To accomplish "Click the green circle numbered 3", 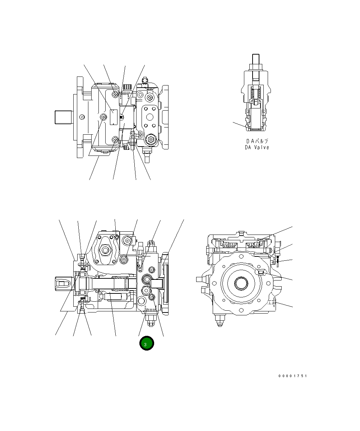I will point(147,344).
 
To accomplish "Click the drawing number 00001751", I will point(292,376).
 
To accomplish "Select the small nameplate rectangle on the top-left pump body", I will point(114,117).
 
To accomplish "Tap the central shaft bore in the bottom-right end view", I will point(240,283).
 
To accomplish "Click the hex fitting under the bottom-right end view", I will point(218,319).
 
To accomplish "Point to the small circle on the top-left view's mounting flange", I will point(82,117).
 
